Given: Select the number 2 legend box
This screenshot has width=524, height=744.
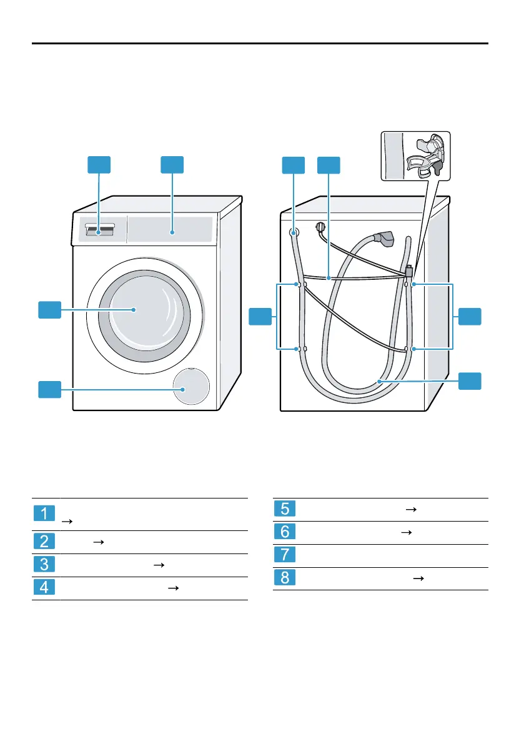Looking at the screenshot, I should tap(44, 542).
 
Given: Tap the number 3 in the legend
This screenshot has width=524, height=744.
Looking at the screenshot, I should tap(44, 565).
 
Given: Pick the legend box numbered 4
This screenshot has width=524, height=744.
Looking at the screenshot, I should tap(44, 588).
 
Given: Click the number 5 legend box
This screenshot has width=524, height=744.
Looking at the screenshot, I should tap(285, 509).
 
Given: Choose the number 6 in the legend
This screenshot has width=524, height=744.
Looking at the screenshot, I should tap(285, 532).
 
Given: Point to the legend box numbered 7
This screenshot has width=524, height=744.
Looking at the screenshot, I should tap(285, 555).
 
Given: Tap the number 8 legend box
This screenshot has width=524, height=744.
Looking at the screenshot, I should tap(285, 579).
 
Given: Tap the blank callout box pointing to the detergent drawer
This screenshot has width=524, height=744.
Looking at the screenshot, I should tap(99, 165).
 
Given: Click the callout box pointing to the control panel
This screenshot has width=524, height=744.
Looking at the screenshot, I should tap(173, 165).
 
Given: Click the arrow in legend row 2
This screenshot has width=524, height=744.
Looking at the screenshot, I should tap(97, 542).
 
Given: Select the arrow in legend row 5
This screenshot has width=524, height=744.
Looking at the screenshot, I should tap(410, 509).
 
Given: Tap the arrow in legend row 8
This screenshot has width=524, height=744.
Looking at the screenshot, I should tap(417, 579).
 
